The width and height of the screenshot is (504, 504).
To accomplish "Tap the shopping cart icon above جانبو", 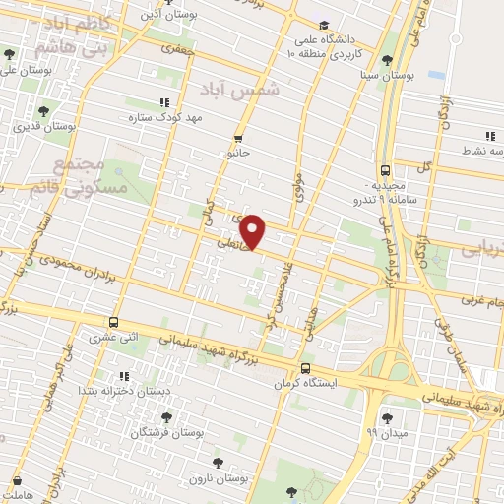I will [238, 138].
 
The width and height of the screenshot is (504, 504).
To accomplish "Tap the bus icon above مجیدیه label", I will [385, 168].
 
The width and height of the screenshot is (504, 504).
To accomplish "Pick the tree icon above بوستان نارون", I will [218, 461].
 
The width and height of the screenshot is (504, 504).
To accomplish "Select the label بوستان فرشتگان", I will [170, 432].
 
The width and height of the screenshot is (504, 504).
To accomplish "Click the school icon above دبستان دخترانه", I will [123, 376].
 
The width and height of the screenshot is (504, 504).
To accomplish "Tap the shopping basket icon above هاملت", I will [17, 480].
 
